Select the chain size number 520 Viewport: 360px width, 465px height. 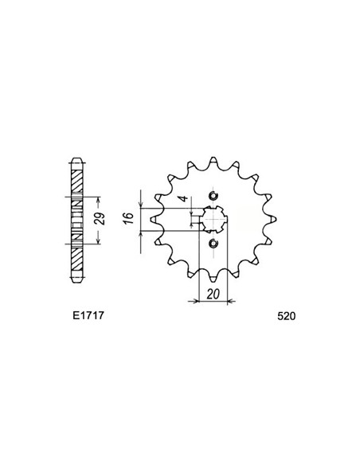pos(288,316)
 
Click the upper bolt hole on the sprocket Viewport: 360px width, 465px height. pos(212,197)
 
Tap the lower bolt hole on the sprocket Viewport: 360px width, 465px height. pos(212,244)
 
